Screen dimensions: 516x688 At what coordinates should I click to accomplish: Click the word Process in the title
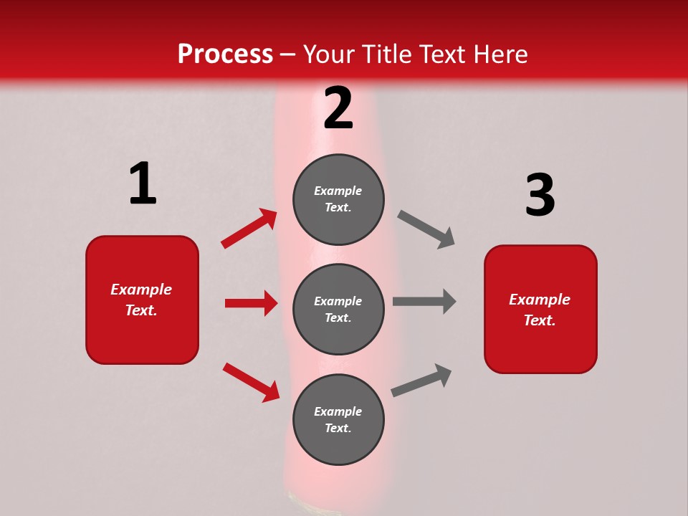[x=225, y=54]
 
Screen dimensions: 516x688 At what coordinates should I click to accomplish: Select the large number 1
[x=143, y=183]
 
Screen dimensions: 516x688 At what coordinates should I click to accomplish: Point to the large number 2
[x=338, y=108]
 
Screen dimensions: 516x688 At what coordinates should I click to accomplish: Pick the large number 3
[x=540, y=195]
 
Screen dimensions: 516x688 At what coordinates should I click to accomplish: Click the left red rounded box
[x=142, y=300]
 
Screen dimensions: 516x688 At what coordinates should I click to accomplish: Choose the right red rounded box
[x=540, y=309]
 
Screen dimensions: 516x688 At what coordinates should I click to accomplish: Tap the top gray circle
[x=338, y=199]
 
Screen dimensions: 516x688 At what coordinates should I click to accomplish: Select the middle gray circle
[x=338, y=309]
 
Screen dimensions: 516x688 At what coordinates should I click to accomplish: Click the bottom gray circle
[x=338, y=419]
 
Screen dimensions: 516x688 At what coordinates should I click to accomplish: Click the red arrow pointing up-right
[x=249, y=229]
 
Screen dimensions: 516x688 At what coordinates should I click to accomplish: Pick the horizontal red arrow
[x=251, y=303]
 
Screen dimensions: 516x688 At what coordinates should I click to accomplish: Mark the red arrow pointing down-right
[x=251, y=381]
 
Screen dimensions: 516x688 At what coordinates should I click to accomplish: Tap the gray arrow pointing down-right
[x=426, y=229]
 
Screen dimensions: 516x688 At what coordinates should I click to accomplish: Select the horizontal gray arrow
[x=424, y=302]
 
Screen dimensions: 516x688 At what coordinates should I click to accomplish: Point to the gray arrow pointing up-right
[x=421, y=381]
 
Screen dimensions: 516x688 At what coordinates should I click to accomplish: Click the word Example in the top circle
[x=338, y=191]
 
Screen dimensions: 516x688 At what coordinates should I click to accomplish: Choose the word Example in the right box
[x=540, y=300]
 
